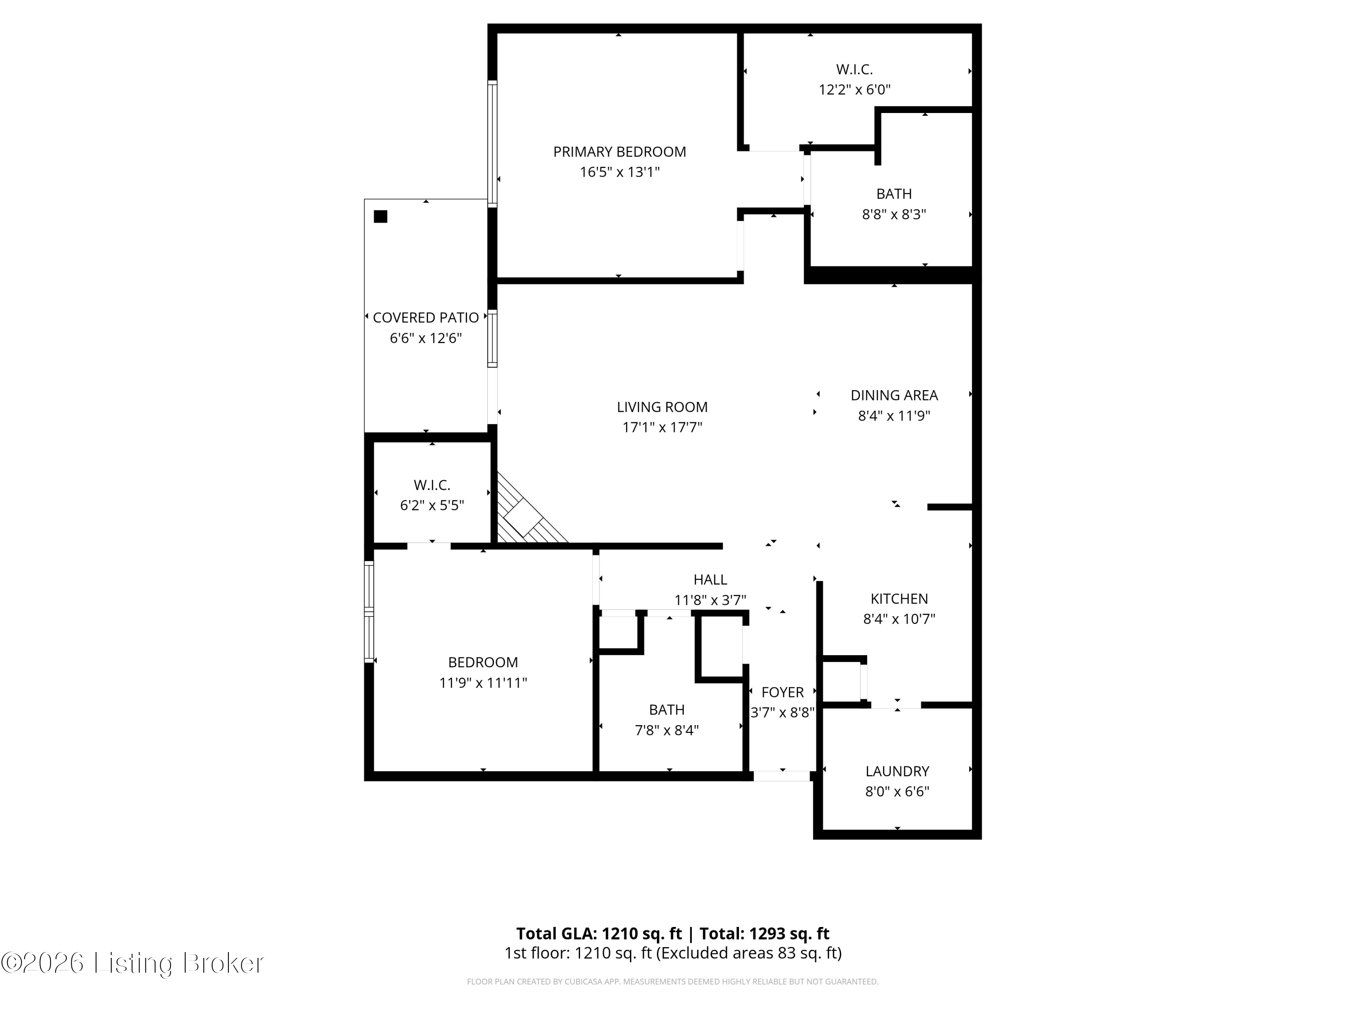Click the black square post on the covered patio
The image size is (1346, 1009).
(380, 217)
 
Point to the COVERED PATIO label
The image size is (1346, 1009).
(425, 317)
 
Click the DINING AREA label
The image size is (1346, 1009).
(893, 396)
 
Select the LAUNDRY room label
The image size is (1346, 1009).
(897, 771)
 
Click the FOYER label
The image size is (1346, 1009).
(782, 692)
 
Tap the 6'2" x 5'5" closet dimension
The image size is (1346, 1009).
(432, 505)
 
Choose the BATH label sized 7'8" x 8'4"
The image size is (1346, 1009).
(666, 710)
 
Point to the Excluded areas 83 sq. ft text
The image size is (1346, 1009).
(748, 953)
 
